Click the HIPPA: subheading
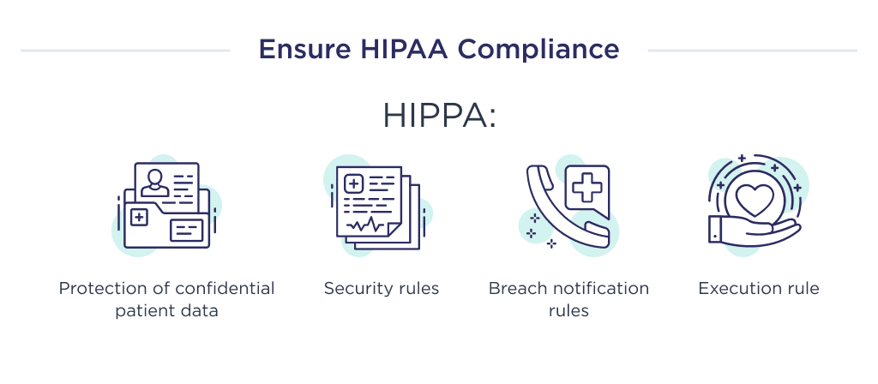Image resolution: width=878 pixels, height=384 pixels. pos(439,116)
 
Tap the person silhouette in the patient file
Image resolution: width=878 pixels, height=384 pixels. pos(155,182)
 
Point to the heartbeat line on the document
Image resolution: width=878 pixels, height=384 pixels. pos(367,224)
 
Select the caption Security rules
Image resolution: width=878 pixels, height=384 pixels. pos(382,289)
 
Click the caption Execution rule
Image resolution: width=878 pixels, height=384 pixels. pos(759,289)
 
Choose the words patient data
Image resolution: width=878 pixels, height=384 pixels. pos(167,310)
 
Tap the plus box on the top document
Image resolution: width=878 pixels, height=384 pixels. pos(352,183)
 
